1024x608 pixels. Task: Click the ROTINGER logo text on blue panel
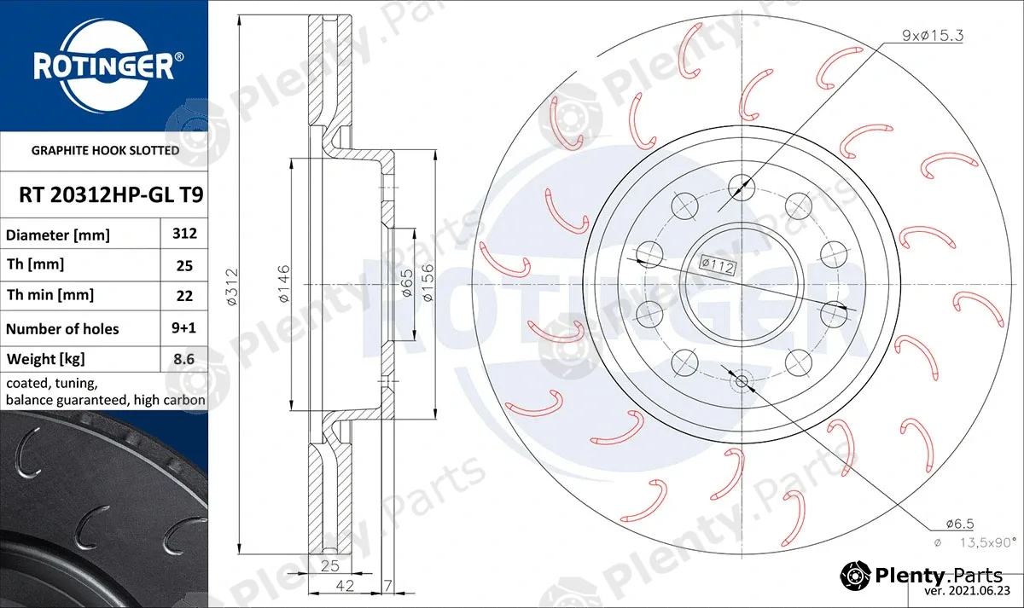click(x=104, y=66)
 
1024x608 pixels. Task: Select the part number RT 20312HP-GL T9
click(x=111, y=195)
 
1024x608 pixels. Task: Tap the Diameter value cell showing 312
click(x=184, y=234)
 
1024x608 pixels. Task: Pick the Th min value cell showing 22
click(x=184, y=296)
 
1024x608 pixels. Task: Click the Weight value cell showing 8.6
click(x=183, y=359)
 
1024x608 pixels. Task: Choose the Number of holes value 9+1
click(x=183, y=328)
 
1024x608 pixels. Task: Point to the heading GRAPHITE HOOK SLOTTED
click(x=105, y=150)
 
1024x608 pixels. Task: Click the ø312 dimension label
click(x=232, y=287)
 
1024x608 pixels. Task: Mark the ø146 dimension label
click(x=284, y=283)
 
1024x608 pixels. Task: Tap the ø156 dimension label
click(x=428, y=282)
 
